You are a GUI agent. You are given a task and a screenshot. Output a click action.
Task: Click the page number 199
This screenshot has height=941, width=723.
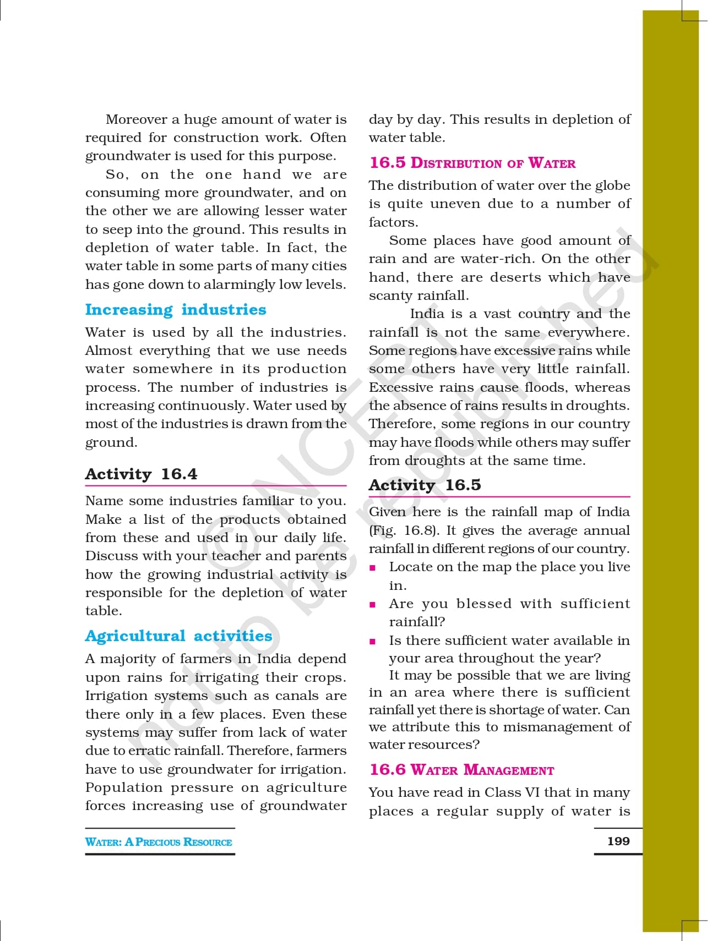(x=618, y=841)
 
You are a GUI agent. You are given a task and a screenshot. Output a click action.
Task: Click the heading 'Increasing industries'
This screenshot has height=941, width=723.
(x=176, y=310)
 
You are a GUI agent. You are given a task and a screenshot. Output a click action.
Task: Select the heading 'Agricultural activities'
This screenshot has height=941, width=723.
(x=178, y=636)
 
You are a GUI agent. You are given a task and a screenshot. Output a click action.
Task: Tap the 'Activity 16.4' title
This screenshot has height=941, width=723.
(x=141, y=474)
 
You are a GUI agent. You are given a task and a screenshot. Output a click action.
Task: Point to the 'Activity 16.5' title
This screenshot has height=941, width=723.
(x=425, y=485)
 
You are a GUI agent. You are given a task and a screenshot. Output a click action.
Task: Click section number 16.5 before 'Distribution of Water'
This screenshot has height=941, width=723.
(x=388, y=163)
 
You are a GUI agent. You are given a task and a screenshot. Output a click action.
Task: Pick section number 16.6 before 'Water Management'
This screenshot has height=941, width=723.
(x=388, y=770)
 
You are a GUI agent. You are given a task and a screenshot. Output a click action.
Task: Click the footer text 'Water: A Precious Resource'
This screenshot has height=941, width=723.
(x=159, y=842)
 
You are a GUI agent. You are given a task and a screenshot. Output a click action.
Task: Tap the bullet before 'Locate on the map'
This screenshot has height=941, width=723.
(x=373, y=568)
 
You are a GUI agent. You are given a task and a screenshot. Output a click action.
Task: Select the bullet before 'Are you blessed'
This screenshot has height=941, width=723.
(x=373, y=605)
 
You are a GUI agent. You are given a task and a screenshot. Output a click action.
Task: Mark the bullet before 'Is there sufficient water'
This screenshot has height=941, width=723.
(x=373, y=641)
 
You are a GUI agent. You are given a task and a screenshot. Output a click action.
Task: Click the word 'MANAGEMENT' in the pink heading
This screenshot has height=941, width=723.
(x=509, y=770)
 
